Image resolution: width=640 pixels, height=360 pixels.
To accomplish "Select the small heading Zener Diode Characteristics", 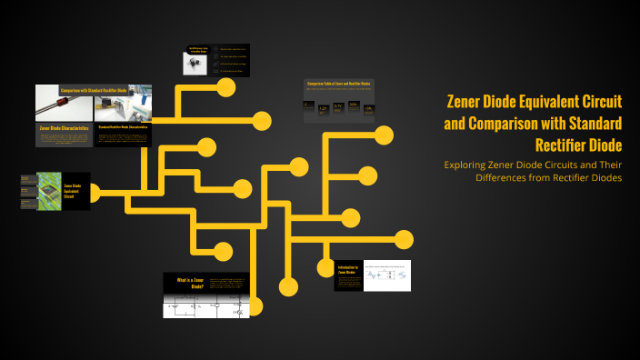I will (65, 128).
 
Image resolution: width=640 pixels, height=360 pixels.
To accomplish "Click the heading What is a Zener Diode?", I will (187, 283).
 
